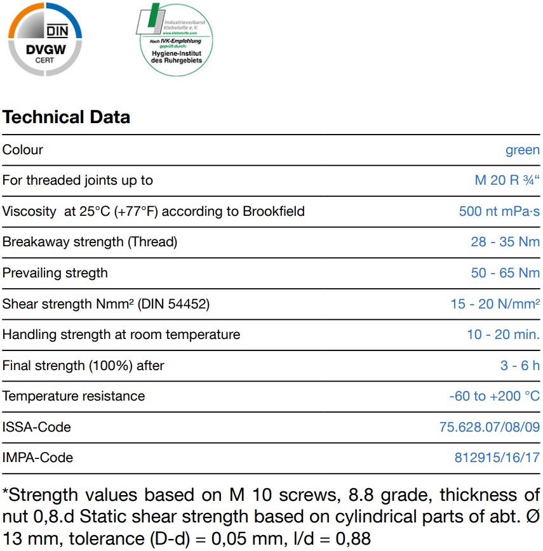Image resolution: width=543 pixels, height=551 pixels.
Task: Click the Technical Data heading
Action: point(66,117)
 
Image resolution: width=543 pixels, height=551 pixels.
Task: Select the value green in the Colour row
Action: point(522,150)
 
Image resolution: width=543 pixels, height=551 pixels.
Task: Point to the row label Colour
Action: point(23,150)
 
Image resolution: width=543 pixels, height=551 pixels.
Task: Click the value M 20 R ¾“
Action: point(507,180)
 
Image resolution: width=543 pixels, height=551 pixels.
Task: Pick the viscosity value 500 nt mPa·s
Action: point(499,211)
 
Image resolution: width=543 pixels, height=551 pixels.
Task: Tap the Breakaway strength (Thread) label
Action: point(90,242)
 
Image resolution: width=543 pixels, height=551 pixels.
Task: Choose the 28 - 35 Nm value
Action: point(506,242)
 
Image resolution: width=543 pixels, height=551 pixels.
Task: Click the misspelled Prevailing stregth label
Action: point(55,273)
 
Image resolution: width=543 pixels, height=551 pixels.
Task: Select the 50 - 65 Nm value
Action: point(506,273)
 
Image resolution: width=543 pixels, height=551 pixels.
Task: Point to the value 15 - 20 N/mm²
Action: point(495,304)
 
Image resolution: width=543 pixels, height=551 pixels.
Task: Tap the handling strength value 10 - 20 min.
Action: point(503,335)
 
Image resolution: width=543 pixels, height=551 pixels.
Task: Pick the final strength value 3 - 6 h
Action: point(520,366)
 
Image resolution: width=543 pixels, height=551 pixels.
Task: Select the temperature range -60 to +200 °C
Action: point(494,396)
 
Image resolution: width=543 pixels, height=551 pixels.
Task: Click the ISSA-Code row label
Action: point(37,427)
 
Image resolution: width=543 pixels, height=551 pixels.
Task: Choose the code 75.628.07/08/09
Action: point(489,427)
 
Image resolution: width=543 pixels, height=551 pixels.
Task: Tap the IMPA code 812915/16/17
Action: point(497,458)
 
